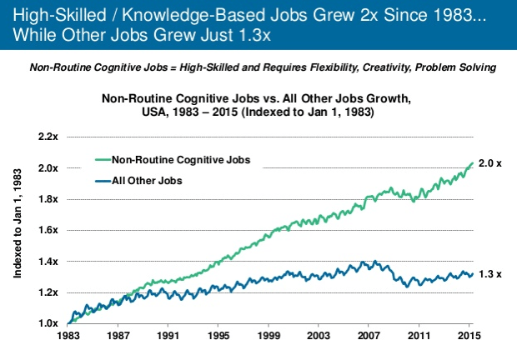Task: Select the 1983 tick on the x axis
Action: point(69,337)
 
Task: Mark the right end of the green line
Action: point(472,163)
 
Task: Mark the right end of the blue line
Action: point(472,273)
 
